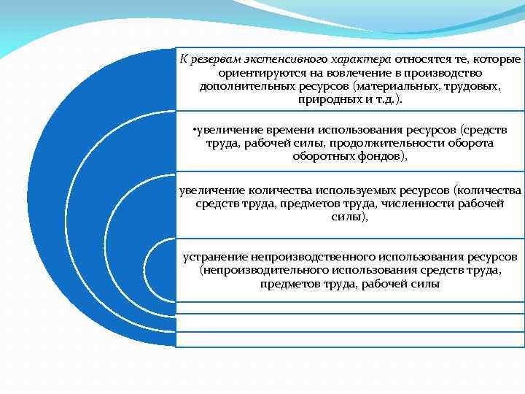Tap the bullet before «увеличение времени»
[191, 130]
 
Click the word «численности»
[411, 204]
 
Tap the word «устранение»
[216, 258]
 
